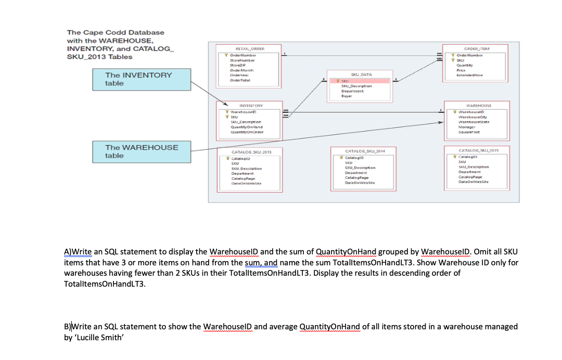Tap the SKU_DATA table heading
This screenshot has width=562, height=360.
362,75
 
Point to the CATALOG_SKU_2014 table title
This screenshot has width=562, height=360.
362,151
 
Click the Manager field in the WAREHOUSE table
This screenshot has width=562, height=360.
465,126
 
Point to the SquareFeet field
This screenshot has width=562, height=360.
467,131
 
